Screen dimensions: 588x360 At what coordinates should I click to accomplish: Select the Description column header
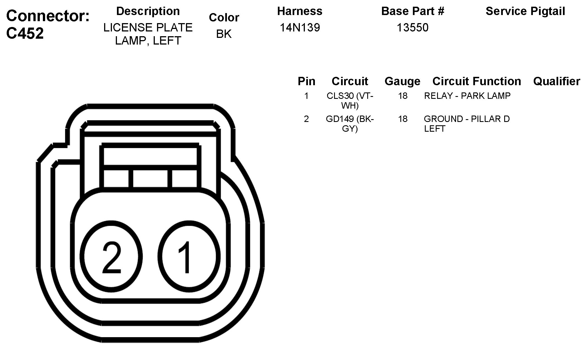point(148,11)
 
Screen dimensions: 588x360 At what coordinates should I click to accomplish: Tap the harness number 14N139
point(300,28)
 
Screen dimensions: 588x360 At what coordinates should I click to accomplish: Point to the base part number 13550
point(413,28)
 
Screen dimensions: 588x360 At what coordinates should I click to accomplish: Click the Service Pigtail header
point(525,11)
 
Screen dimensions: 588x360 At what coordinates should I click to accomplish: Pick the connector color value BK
point(224,34)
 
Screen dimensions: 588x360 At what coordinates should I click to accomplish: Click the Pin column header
point(307,81)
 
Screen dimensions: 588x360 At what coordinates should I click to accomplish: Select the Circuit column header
point(350,81)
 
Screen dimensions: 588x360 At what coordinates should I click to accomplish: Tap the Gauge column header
point(403,81)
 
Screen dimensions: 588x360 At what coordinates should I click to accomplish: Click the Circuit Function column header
point(477,81)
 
